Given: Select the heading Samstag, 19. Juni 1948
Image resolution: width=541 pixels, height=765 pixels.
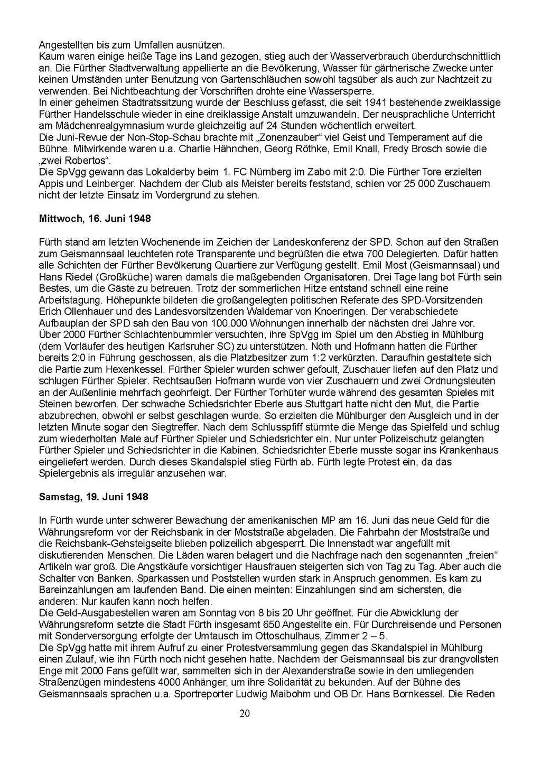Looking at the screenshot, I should point(94,497).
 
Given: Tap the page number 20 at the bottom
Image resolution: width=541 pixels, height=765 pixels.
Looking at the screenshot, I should point(245,714).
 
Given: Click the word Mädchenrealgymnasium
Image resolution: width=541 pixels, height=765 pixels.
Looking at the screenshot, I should point(94,126).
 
